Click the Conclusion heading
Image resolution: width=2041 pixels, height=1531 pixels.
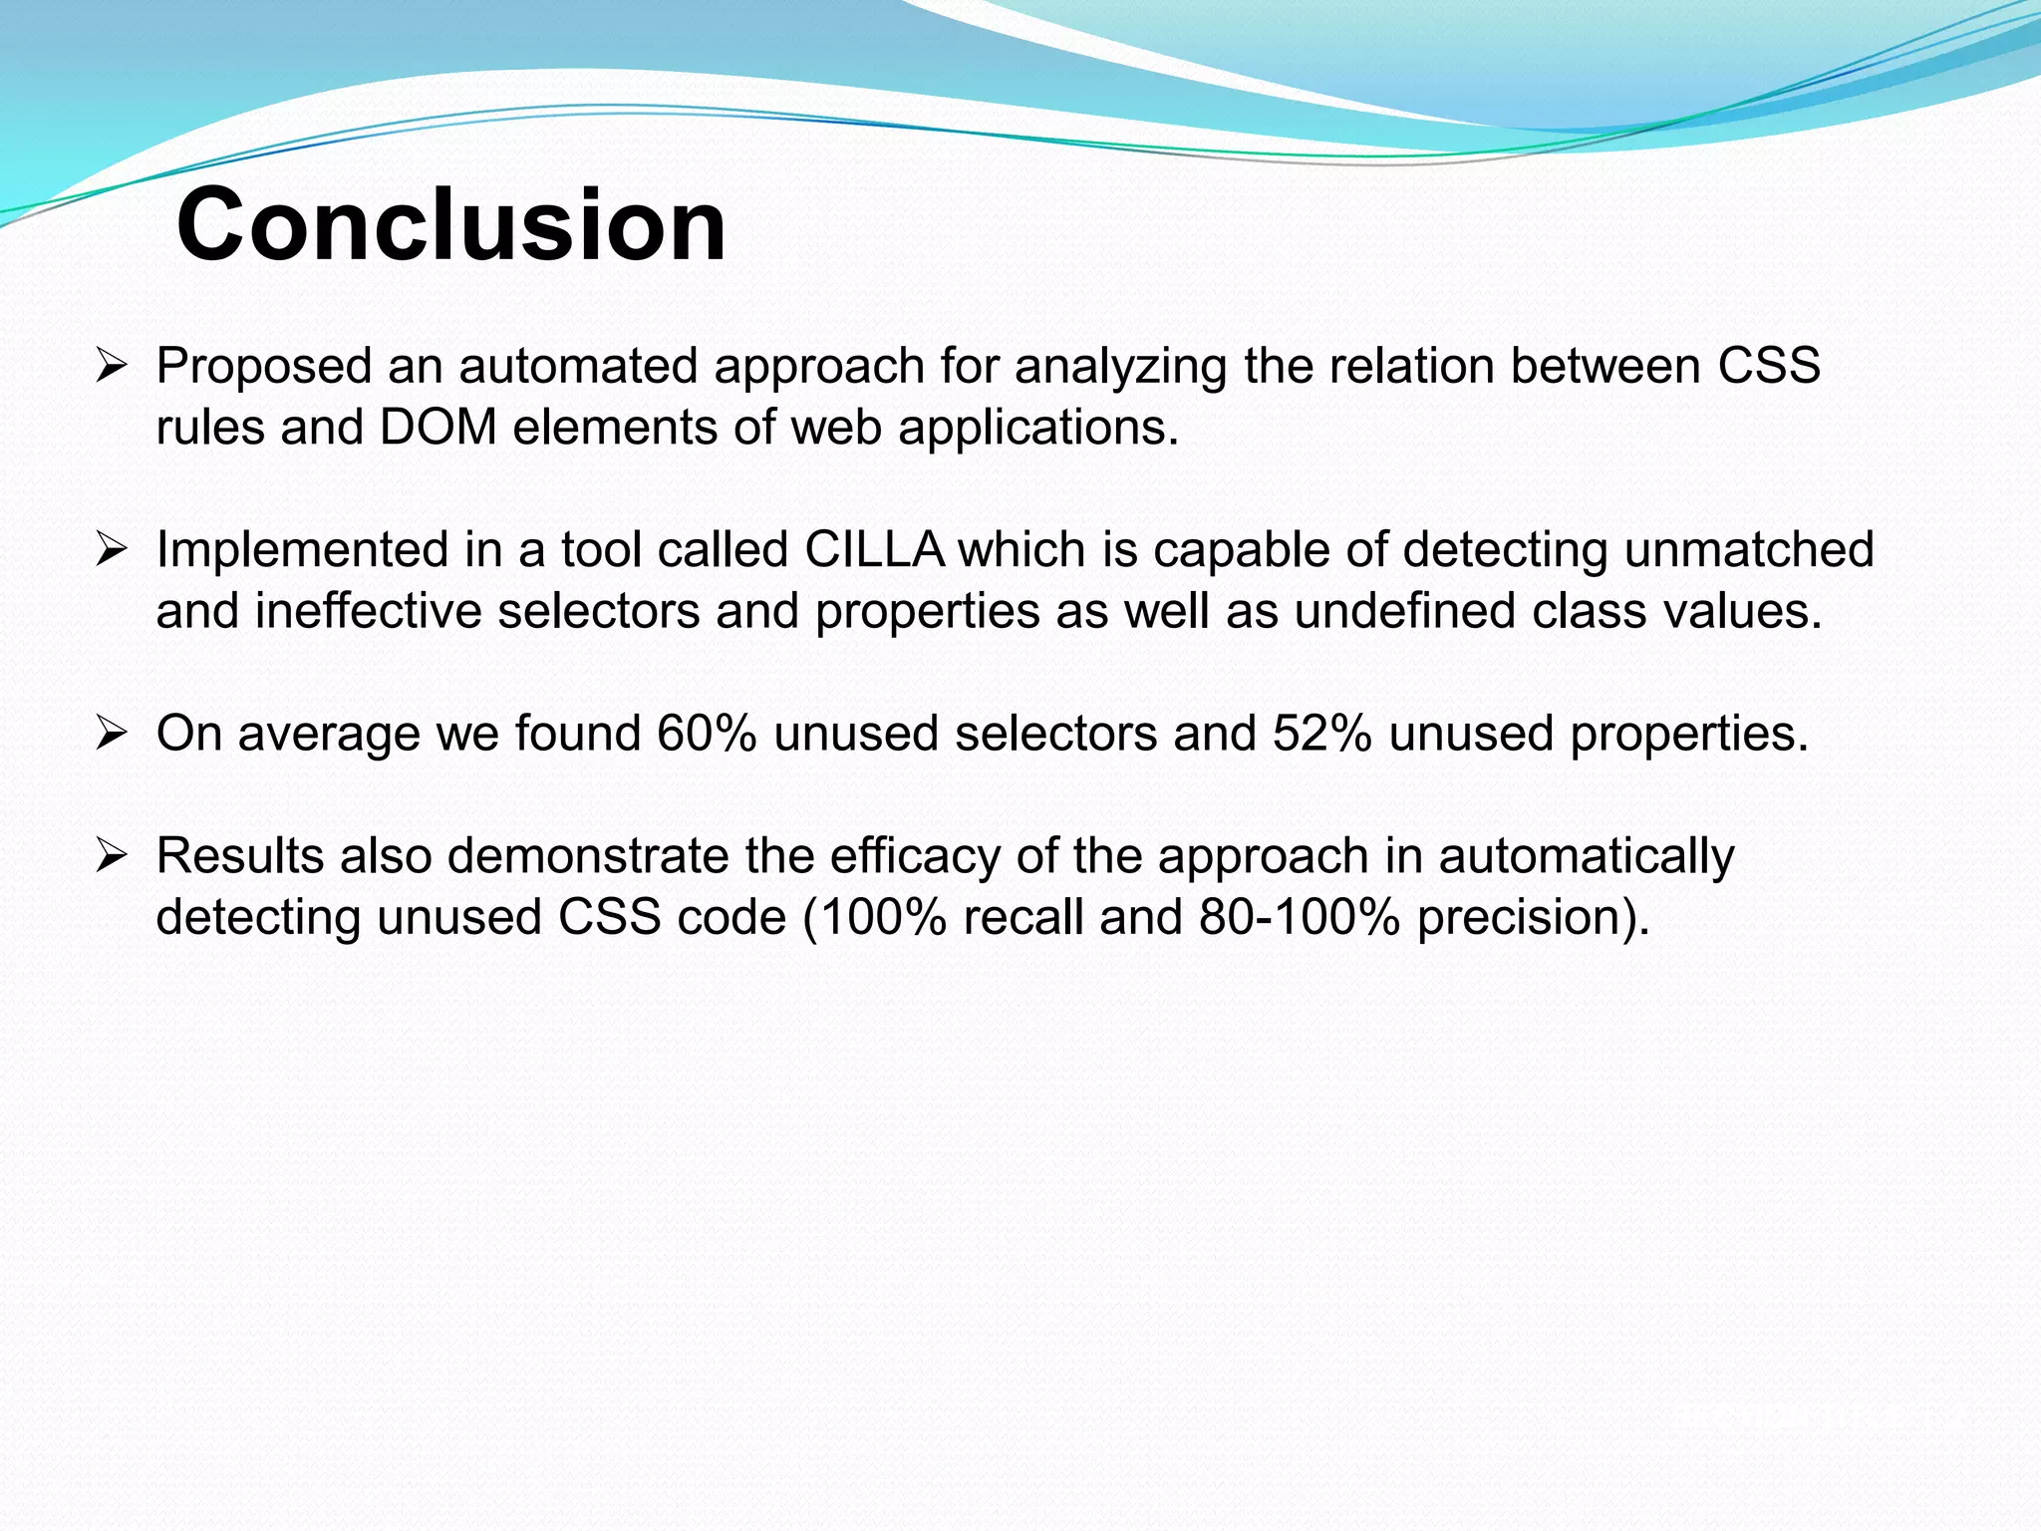[451, 225]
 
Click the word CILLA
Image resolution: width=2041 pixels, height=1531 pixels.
[874, 549]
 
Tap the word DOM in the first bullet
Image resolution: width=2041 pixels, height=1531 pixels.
[438, 428]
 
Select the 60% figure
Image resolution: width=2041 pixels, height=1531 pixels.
[707, 734]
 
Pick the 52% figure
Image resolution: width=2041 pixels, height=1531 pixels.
[1321, 734]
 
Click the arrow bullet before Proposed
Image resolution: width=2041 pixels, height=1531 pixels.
[110, 367]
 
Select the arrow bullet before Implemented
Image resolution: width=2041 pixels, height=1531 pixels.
[110, 550]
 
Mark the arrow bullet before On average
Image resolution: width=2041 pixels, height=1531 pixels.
[110, 735]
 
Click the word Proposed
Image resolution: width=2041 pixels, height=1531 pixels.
[264, 367]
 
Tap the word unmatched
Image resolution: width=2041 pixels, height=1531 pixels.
[1749, 549]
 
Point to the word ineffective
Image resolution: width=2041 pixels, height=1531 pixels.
[368, 611]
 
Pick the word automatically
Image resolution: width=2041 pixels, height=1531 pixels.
[1587, 856]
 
